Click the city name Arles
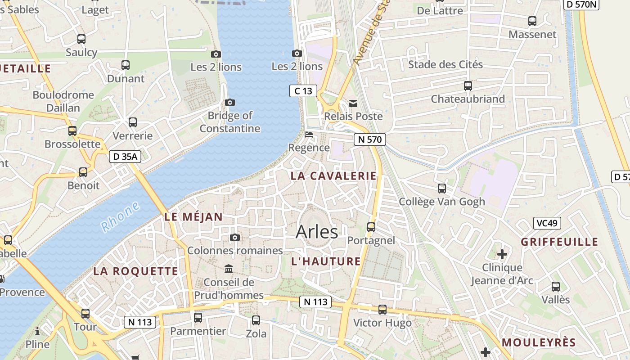(x=317, y=232)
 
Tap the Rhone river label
(x=120, y=217)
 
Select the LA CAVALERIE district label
(x=333, y=176)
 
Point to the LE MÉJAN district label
(x=193, y=217)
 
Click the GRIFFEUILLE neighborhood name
(x=559, y=242)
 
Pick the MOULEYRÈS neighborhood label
(x=539, y=342)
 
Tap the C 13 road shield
(x=303, y=91)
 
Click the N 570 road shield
(x=369, y=139)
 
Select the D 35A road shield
(x=125, y=157)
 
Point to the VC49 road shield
(x=547, y=223)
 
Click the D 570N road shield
(x=581, y=4)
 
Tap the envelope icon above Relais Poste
(x=354, y=103)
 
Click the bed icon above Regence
(x=309, y=135)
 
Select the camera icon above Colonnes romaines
(x=234, y=237)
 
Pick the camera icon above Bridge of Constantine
(x=230, y=103)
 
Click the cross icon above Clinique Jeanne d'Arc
(x=502, y=254)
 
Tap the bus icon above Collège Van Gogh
(x=442, y=188)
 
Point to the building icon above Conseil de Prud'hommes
(x=229, y=269)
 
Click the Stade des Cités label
(x=445, y=64)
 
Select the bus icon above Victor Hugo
(x=382, y=309)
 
